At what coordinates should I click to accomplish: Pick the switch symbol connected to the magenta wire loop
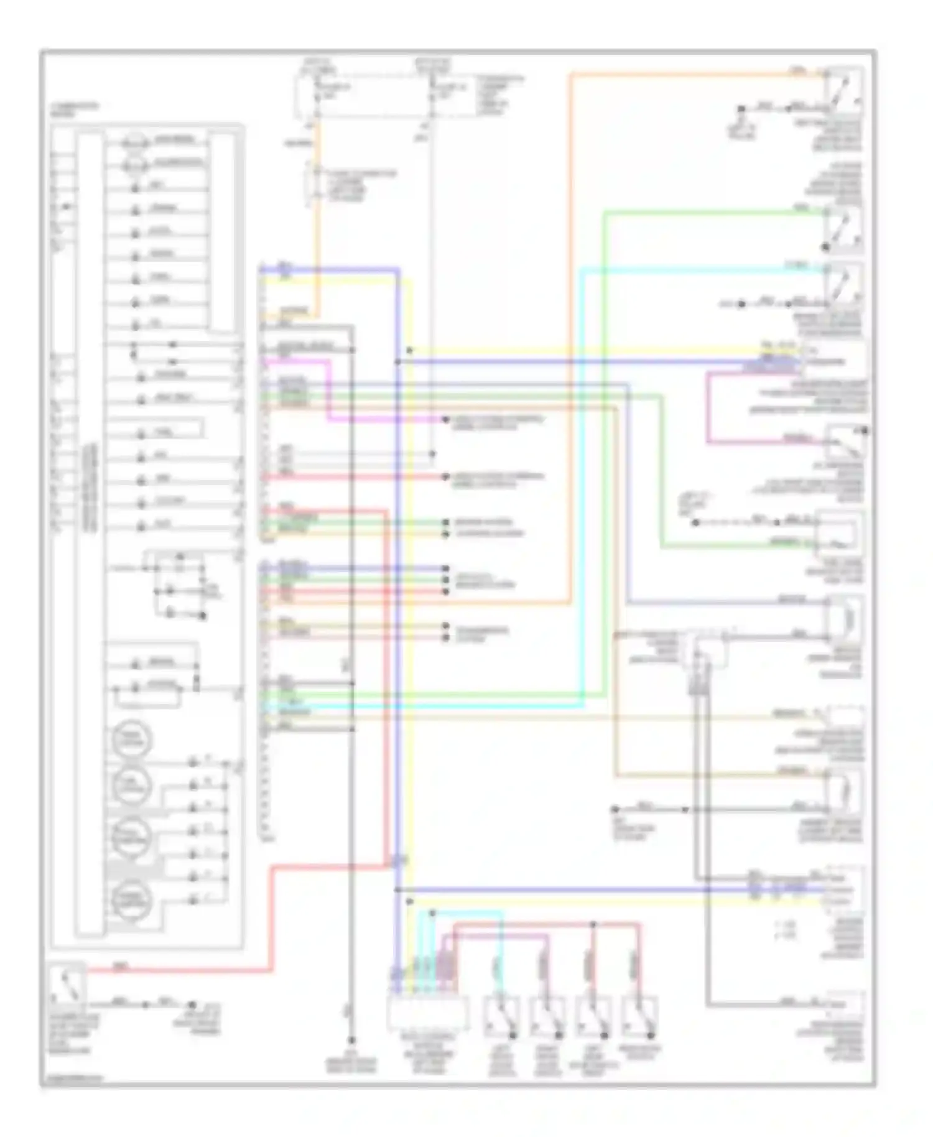point(845,443)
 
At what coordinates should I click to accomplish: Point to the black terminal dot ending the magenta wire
point(445,420)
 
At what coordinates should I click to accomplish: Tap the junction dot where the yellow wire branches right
point(409,351)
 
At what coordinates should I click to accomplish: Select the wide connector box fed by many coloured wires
point(427,1013)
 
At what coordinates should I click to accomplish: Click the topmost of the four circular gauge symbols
point(131,740)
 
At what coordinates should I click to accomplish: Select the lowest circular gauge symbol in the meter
point(131,899)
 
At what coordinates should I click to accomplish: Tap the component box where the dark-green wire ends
point(840,534)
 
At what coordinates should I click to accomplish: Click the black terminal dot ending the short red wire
point(445,477)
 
